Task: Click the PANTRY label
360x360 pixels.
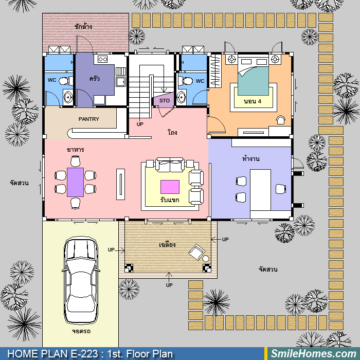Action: (88, 119)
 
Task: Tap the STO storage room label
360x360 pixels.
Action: (165, 101)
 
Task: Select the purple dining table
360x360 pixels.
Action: (75, 182)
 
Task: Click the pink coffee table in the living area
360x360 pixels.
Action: (170, 187)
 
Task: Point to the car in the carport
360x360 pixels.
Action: (81, 280)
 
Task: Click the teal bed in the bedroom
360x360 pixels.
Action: (253, 78)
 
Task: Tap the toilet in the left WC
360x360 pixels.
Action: (66, 81)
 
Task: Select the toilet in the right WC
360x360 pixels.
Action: (186, 81)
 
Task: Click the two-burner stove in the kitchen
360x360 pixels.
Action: (102, 60)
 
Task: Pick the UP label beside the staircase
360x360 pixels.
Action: (140, 124)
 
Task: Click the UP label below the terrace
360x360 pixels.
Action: (169, 285)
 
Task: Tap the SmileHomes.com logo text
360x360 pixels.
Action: (313, 354)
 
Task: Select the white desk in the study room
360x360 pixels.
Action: (260, 190)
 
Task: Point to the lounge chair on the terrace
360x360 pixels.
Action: (197, 252)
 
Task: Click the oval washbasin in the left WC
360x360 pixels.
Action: (68, 97)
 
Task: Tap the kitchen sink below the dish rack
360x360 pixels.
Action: (121, 82)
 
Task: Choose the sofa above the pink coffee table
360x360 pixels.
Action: (170, 165)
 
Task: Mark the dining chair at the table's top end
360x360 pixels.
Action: (75, 161)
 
